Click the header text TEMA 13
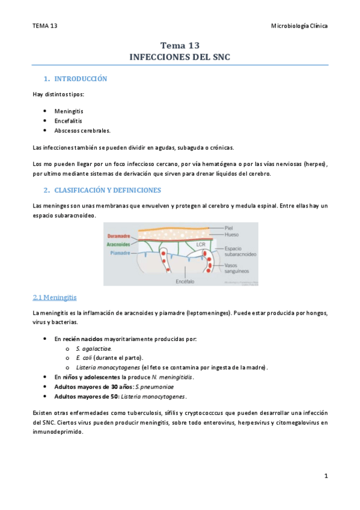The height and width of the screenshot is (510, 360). point(45,26)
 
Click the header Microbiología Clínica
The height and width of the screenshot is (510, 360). point(299,26)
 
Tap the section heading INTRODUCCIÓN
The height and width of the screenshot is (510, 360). point(81,79)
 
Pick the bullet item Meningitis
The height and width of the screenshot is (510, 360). point(69,112)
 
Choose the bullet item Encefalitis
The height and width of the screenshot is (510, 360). point(68,121)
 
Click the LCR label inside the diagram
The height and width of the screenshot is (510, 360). point(201,244)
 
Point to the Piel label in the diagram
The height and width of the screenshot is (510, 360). point(229,228)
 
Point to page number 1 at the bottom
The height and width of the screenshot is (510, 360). point(325,476)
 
